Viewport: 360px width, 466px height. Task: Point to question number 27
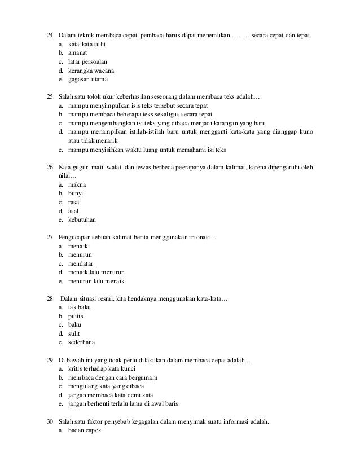[x=49, y=237]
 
